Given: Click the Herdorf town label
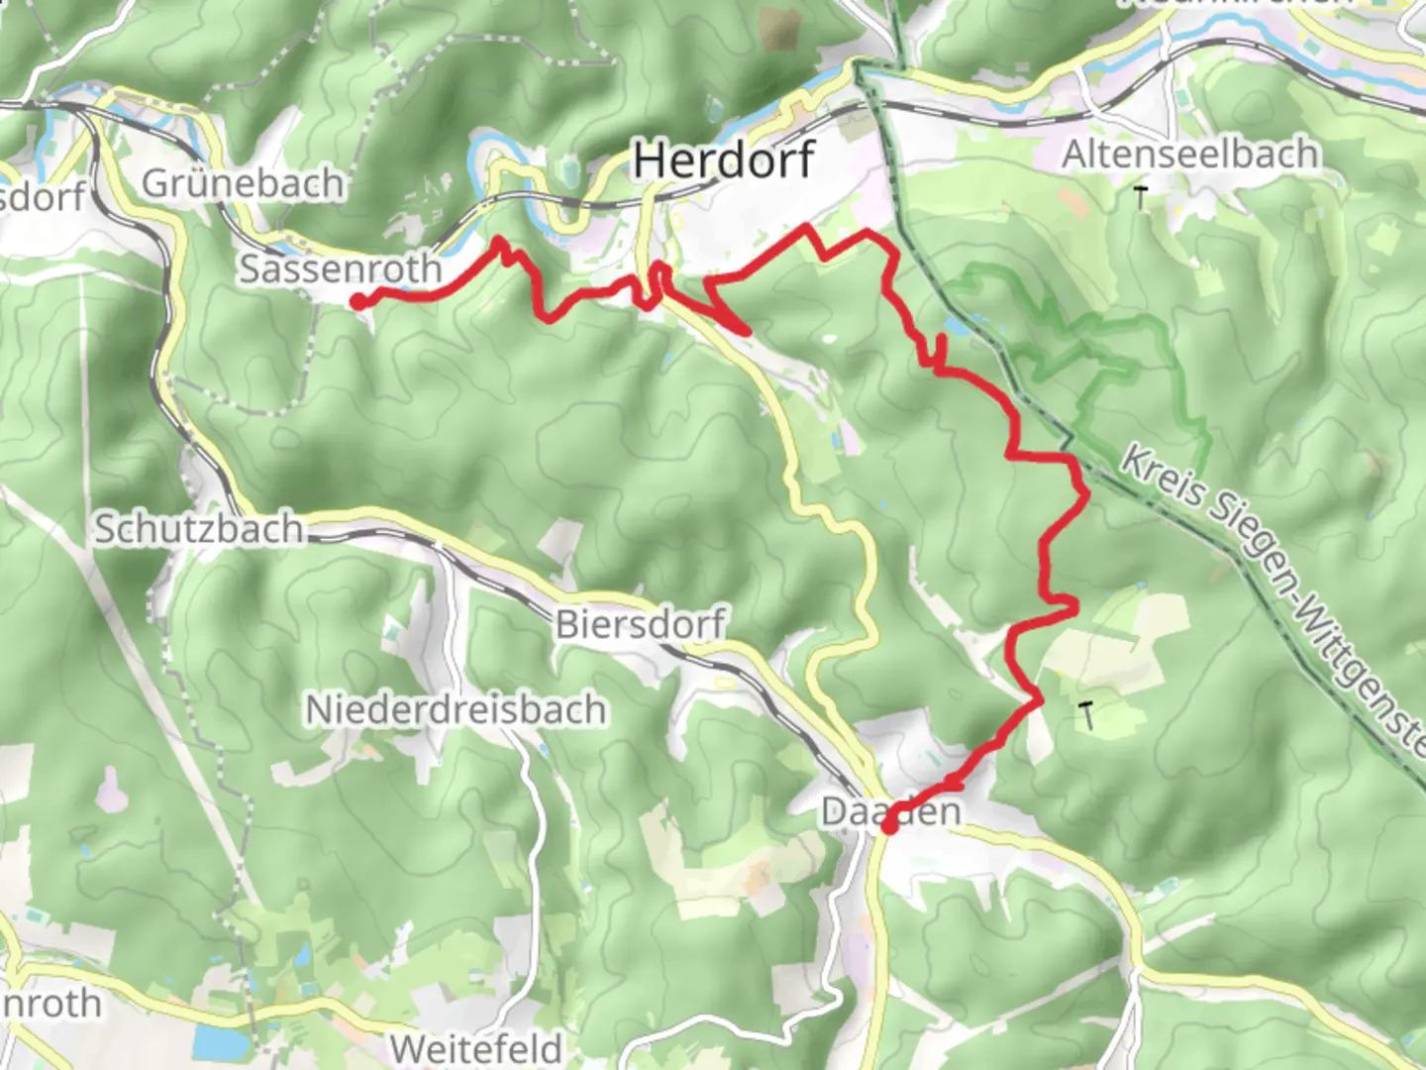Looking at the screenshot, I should pyautogui.click(x=724, y=160).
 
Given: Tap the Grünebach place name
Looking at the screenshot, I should pyautogui.click(x=243, y=183).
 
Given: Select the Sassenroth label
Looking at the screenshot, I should pyautogui.click(x=340, y=268).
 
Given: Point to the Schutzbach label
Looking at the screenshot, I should pyautogui.click(x=198, y=529).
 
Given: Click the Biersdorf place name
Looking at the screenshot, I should pyautogui.click(x=640, y=624).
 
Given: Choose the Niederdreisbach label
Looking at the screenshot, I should pyautogui.click(x=456, y=709).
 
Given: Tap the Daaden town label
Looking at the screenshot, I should pyautogui.click(x=890, y=810).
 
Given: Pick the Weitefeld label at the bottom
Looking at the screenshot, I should pyautogui.click(x=475, y=1047).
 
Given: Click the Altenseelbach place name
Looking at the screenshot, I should pyautogui.click(x=1190, y=155).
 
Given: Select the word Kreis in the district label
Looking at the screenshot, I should pyautogui.click(x=1161, y=472).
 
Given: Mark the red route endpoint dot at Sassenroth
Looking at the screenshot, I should pyautogui.click(x=356, y=301).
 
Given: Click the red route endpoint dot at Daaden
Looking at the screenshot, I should pyautogui.click(x=889, y=825).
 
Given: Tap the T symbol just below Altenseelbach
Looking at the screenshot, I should pyautogui.click(x=1141, y=198).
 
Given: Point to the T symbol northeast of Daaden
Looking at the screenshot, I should pyautogui.click(x=1088, y=714).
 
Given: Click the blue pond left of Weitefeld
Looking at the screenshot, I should pyautogui.click(x=210, y=1040).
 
